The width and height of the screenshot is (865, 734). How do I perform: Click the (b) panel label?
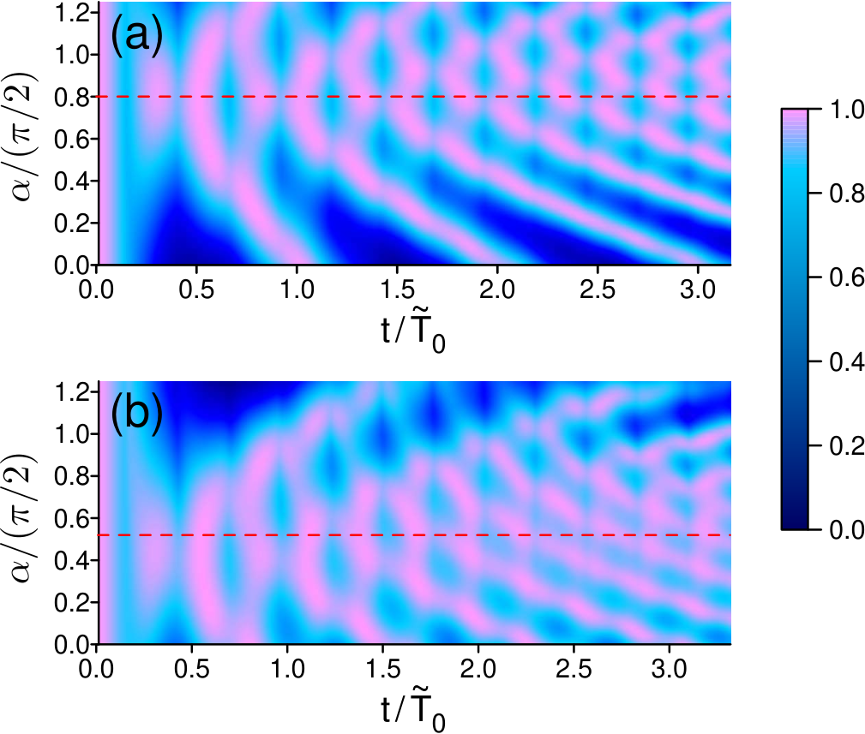tap(137, 414)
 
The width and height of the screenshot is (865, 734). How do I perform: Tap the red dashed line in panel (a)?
tap(414, 97)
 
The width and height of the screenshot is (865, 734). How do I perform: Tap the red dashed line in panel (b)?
tap(414, 535)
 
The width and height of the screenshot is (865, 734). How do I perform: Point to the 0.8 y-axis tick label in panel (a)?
tap(72, 97)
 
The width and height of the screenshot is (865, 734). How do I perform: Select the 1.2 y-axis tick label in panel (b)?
tap(72, 392)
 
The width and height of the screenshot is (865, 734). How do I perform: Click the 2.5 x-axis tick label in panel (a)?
tap(598, 289)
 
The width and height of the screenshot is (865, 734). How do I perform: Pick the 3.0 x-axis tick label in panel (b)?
tap(670, 669)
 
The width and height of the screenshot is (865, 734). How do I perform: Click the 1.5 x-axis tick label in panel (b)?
tap(383, 669)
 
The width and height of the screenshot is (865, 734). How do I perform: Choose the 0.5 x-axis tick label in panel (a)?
tap(196, 289)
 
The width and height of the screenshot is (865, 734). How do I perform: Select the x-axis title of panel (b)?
tap(412, 712)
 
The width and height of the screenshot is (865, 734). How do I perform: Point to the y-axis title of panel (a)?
tap(23, 137)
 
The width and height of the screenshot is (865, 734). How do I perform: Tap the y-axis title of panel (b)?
tap(23, 518)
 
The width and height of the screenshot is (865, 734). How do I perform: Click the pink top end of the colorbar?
tap(795, 113)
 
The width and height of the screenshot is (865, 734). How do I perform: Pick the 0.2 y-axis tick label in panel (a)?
tap(72, 224)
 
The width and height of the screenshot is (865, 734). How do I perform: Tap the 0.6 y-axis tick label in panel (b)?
tap(72, 518)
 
